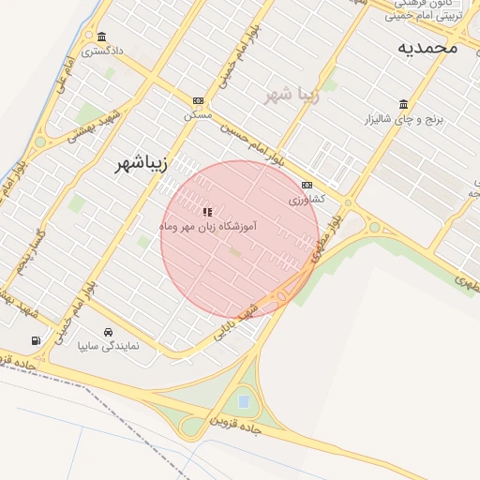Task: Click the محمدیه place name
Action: pos(427,47)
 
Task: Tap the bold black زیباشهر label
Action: pos(140,163)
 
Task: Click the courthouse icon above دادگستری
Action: pos(100,37)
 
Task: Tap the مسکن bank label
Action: pos(198,114)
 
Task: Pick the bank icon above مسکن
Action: pos(198,100)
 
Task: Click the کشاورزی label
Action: pos(306,200)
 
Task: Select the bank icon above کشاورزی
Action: pos(307,186)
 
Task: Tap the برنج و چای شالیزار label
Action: pos(402,120)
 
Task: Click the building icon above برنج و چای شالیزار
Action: pos(403,104)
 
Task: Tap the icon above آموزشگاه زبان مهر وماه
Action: pos(207,212)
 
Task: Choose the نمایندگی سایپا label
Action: pos(108,346)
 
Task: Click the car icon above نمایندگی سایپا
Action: pos(109,332)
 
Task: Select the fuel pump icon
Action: pos(36,340)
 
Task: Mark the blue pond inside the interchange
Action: pos(244,401)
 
